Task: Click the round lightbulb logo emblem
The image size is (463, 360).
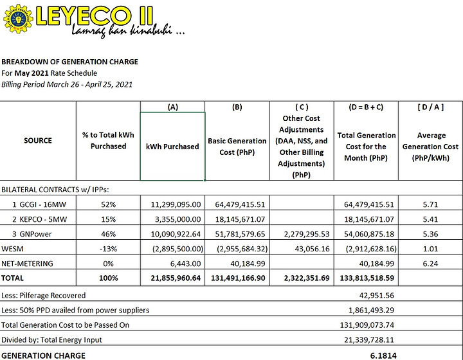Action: pos(17,19)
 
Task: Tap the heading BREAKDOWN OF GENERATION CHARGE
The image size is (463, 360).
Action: pos(69,62)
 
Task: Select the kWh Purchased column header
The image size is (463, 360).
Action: pos(172,146)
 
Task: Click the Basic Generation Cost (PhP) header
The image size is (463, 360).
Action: pos(237,146)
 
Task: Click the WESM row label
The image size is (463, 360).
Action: pos(13,249)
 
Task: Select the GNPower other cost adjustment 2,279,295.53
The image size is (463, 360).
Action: pos(302,234)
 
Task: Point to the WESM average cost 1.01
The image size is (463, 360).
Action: pos(431,249)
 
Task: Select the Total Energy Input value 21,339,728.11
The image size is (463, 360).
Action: pos(369,339)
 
